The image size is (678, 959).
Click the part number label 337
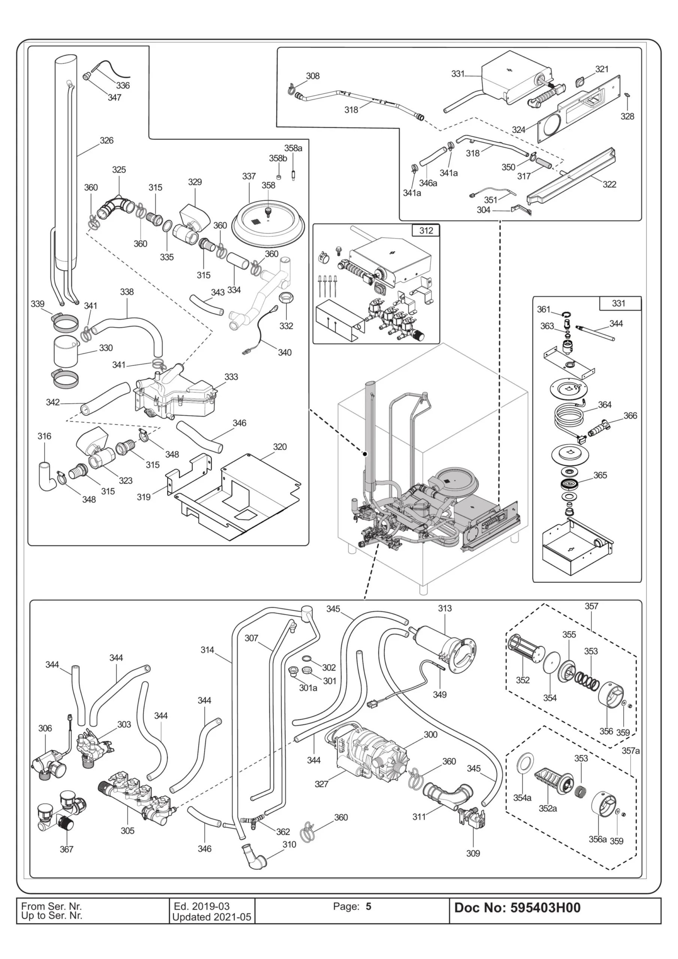click(x=249, y=176)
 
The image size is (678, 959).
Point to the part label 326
click(x=106, y=140)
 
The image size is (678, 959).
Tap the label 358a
click(x=293, y=148)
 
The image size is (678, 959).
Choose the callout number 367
click(x=66, y=849)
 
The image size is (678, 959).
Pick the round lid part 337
click(x=267, y=224)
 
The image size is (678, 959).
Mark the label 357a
click(x=630, y=751)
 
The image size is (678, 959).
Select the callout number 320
click(x=279, y=447)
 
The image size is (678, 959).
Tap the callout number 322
click(x=609, y=184)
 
